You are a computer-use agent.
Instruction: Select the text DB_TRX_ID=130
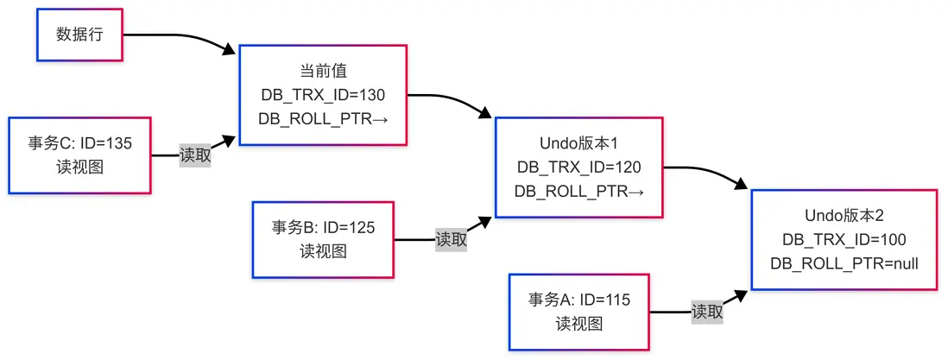(x=323, y=94)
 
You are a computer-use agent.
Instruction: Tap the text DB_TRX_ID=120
(x=578, y=167)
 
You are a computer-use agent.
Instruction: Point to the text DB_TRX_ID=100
(x=844, y=239)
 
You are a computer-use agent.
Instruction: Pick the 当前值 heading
(x=323, y=71)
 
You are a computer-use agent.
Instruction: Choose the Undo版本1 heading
(x=578, y=142)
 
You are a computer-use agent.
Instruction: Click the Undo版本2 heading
(x=844, y=215)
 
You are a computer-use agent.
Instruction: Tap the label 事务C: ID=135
(x=79, y=143)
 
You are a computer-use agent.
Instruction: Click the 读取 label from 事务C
(x=195, y=155)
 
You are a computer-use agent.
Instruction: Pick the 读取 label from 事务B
(x=451, y=239)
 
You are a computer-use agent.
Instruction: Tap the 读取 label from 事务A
(x=707, y=312)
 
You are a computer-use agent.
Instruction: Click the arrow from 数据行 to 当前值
(x=186, y=38)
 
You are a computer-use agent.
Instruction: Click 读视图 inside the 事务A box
(x=578, y=324)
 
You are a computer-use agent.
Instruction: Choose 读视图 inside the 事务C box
(x=79, y=167)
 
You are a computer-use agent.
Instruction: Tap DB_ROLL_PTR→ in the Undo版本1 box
(x=578, y=191)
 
